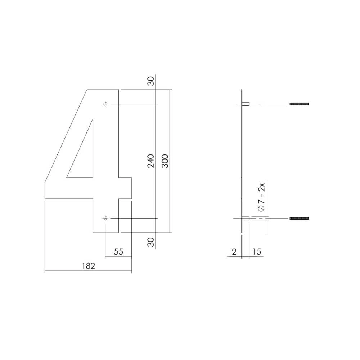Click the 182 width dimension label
[88, 266]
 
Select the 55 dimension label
[118, 252]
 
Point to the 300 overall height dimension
[165, 161]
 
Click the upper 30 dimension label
[151, 81]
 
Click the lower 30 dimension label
[151, 242]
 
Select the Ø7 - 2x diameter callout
[262, 197]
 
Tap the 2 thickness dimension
[234, 252]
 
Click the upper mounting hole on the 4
[105, 104]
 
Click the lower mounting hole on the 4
[105, 218]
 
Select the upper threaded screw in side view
[299, 104]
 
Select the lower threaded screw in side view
[299, 218]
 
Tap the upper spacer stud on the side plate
[246, 104]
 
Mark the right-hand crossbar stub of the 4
[125, 188]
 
